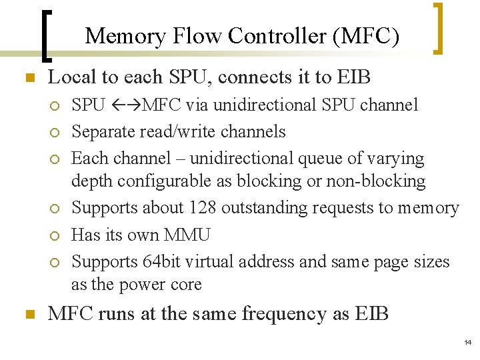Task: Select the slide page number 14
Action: pos(466,342)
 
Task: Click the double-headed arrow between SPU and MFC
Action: pos(124,105)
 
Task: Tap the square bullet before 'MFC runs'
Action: pos(28,314)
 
